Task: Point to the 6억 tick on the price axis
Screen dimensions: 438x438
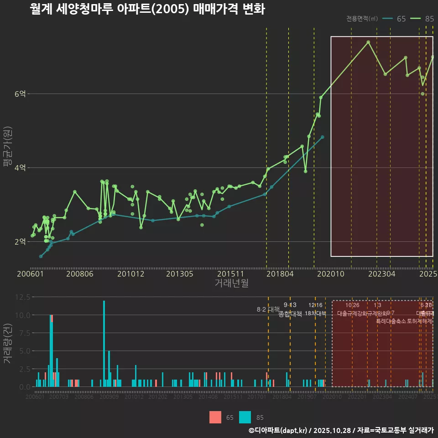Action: coord(21,94)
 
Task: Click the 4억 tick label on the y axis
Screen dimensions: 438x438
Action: coord(21,168)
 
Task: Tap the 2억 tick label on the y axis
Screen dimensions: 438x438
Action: coord(21,242)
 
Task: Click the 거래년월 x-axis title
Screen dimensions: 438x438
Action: coord(231,283)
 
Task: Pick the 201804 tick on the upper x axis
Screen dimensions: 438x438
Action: coord(280,274)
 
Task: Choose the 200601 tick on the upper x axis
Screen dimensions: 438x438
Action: coord(30,274)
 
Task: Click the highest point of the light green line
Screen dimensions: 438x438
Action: coord(368,42)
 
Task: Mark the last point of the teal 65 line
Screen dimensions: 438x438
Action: coord(323,137)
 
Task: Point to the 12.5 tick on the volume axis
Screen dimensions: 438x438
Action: coord(23,297)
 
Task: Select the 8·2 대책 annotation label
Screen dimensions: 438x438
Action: coord(268,310)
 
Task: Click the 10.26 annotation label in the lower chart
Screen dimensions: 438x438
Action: coord(352,305)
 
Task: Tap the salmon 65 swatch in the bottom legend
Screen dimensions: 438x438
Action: coord(215,417)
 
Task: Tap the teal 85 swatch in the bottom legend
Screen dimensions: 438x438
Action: coord(245,417)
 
